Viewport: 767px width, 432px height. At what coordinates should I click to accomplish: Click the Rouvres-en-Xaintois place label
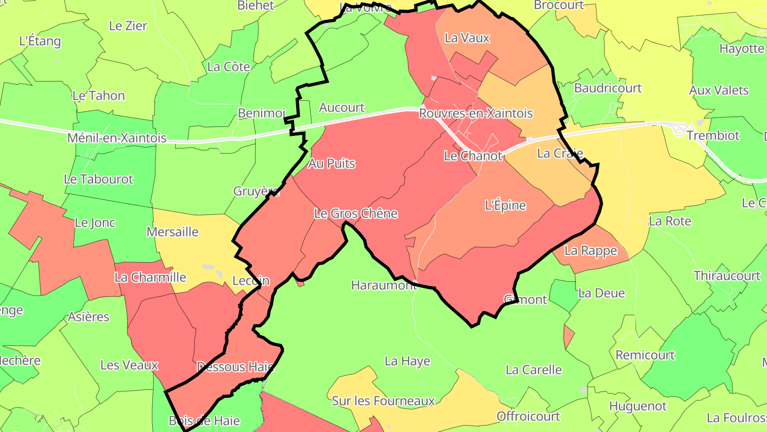coord(476,114)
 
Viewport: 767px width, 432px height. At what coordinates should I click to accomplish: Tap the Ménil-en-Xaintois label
coord(117,138)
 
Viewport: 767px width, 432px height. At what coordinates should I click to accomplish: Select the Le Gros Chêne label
coord(356,214)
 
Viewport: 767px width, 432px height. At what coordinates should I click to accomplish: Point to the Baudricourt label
coord(608,88)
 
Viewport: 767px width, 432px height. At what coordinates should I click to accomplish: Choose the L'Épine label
coord(505,205)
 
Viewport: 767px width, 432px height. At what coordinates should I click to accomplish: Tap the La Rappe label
coord(591,250)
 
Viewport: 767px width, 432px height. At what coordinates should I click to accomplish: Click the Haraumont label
coord(383,285)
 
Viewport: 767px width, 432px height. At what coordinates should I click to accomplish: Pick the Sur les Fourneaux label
coord(383,401)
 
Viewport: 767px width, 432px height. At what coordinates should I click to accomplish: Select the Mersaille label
coord(172,232)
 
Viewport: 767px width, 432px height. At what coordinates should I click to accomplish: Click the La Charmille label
coord(150,277)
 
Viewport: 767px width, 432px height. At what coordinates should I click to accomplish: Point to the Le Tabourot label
coord(99,179)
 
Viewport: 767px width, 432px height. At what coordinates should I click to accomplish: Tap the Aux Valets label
coord(719,90)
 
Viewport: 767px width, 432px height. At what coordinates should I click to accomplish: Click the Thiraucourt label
coord(727,276)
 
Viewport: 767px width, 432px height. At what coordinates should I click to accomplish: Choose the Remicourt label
coord(645,355)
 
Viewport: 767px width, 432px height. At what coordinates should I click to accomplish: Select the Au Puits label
coord(331,163)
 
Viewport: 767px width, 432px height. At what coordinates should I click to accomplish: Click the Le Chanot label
coord(473,156)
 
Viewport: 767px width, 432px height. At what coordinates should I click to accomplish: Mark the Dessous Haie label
coord(235,367)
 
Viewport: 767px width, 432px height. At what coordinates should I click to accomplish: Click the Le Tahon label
coord(99,96)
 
